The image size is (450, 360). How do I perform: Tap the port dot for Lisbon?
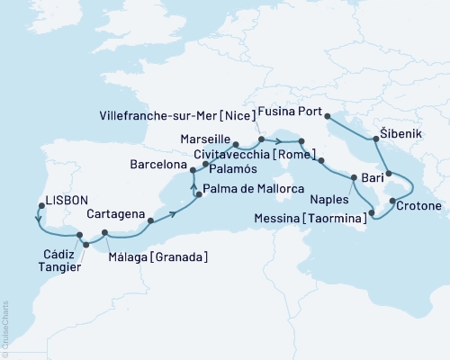click(x=38, y=203)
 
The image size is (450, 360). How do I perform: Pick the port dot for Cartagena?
click(x=150, y=220)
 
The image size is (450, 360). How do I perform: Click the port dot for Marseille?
click(x=235, y=144)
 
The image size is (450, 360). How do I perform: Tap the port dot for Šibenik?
click(x=376, y=138)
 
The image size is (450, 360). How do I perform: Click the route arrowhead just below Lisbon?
click(x=38, y=218)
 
